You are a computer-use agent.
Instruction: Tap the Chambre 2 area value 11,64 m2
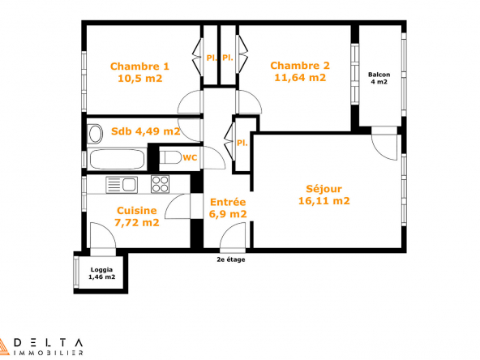(300, 78)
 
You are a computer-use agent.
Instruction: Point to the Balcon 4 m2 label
(379, 78)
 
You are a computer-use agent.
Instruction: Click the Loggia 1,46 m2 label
(101, 273)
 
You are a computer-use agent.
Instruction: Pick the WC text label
(190, 157)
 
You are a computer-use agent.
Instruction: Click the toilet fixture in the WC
(170, 157)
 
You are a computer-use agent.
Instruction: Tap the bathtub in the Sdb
(116, 159)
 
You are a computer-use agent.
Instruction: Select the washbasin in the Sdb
(95, 134)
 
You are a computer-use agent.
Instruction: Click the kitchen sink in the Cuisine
(122, 185)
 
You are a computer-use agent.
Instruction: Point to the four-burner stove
(160, 184)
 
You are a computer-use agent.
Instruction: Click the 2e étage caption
(231, 259)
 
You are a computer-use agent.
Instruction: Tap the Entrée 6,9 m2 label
(228, 208)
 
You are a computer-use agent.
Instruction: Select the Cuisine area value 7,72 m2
(137, 222)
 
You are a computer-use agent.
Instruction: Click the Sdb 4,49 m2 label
(145, 131)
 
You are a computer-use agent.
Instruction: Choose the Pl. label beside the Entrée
(242, 143)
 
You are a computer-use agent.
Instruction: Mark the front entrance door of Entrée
(233, 235)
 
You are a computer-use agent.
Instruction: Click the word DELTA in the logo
(49, 342)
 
